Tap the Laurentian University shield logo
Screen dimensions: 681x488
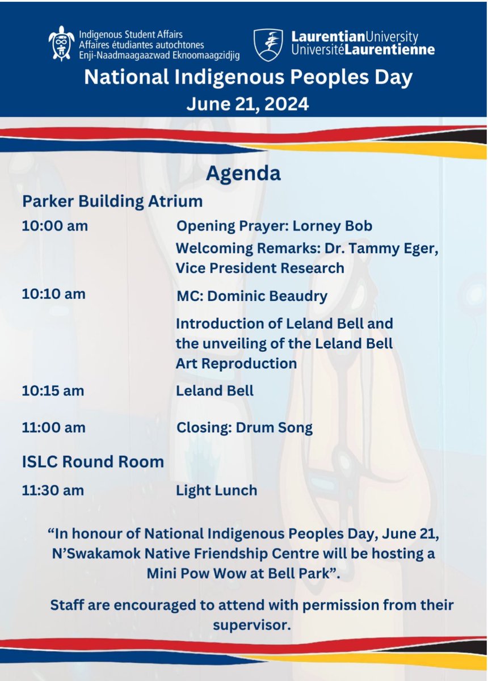pos(268,44)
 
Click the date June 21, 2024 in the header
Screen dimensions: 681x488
pos(248,104)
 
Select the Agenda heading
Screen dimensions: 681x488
pos(243,173)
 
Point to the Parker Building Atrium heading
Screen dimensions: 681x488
pos(112,201)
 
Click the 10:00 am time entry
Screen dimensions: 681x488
pos(54,226)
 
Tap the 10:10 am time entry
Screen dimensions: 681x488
pos(54,295)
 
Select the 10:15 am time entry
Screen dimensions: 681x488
pos(54,390)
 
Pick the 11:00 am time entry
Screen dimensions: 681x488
pos(54,427)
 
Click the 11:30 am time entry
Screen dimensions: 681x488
pos(54,490)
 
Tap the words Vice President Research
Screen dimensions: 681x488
pos(260,268)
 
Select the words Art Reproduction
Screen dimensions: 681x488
pos(236,363)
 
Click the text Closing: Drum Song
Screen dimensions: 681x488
pos(245,427)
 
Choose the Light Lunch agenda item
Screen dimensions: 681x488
pos(217,490)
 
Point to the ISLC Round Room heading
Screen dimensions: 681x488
pos(93,461)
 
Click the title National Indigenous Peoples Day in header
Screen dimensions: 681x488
pos(248,78)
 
